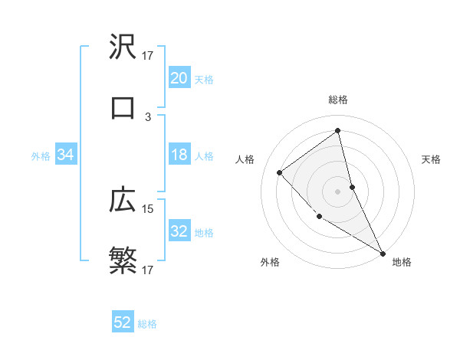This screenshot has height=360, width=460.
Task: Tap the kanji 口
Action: [123, 109]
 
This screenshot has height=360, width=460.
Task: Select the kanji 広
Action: [123, 201]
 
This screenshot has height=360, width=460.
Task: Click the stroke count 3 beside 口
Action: [148, 117]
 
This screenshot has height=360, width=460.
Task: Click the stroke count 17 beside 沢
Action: [148, 56]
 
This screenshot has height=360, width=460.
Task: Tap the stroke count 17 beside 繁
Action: [148, 270]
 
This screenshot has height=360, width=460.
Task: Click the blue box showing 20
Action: [179, 78]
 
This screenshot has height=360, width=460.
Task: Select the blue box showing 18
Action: [179, 155]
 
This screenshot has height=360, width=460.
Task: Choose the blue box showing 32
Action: [179, 231]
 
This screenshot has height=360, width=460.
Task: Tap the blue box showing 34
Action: [66, 155]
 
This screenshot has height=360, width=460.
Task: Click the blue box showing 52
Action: [123, 322]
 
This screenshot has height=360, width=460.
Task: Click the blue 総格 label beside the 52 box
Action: [147, 324]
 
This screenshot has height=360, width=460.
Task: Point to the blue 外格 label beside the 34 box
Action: [41, 156]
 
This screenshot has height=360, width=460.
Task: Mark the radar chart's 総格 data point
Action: [337, 130]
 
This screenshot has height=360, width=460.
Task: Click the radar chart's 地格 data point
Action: [383, 253]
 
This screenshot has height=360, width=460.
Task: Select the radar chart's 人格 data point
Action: [280, 172]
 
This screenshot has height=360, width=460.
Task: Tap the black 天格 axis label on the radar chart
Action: [432, 159]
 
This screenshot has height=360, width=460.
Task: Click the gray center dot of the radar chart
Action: [337, 191]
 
